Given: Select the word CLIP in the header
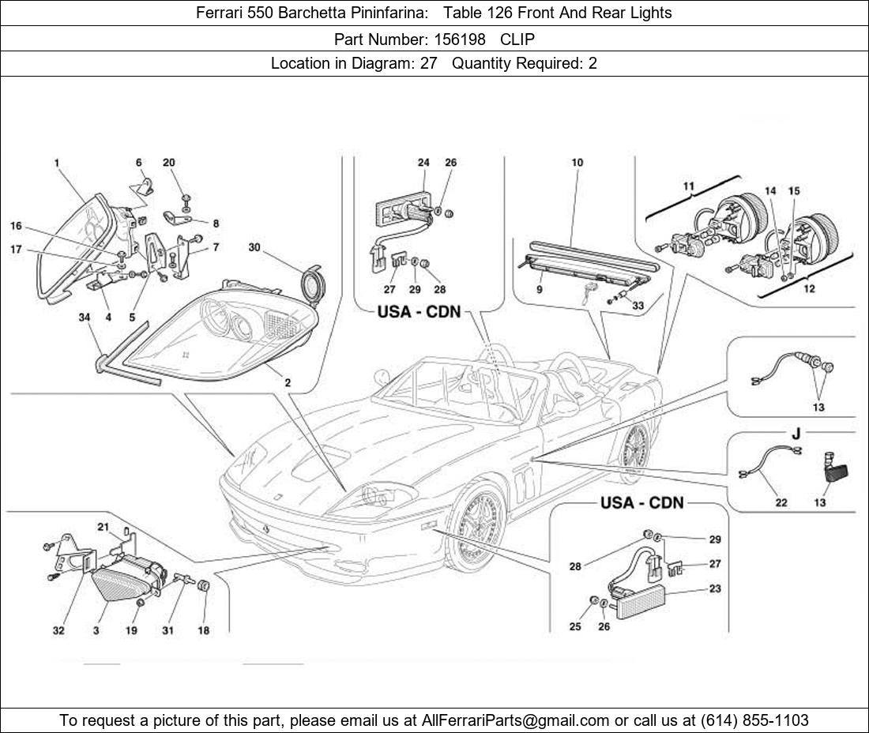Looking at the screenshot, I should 517,39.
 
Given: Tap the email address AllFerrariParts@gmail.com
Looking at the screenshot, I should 516,720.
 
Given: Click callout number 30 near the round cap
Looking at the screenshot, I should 254,247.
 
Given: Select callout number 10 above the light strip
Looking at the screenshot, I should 577,163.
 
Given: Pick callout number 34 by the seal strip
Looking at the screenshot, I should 85,318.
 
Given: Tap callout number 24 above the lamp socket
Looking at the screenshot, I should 423,163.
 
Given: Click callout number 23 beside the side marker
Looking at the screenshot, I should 715,588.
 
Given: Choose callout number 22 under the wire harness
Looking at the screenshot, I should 781,502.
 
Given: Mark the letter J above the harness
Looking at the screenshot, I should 796,434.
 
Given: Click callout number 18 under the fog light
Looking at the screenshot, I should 203,630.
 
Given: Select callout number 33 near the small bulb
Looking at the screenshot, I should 638,305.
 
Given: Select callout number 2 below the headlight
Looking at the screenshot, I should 288,382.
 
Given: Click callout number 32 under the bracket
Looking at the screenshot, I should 58,630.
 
